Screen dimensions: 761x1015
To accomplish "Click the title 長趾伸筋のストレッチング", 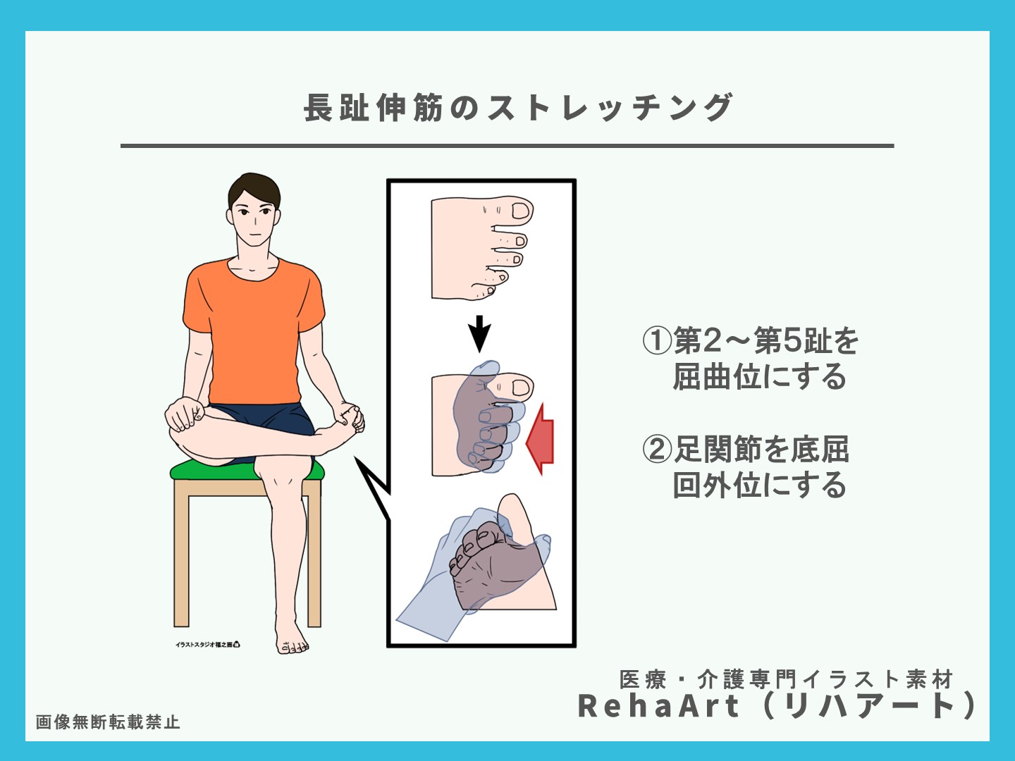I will click(518, 108).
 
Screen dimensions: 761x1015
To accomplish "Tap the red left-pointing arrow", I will click(541, 439).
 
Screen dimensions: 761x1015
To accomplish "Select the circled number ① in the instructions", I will click(657, 341).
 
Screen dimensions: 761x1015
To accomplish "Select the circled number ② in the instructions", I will click(657, 449).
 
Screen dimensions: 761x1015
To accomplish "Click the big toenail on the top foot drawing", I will click(522, 210).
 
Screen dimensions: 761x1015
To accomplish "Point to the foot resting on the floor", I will click(290, 638).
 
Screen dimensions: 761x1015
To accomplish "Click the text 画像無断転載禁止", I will click(108, 722).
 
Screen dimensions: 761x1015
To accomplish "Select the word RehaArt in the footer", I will click(658, 706).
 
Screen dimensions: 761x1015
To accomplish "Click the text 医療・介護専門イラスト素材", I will click(786, 679).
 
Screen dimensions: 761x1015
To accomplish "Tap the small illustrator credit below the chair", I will click(208, 644).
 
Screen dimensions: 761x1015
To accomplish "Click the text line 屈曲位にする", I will click(759, 377).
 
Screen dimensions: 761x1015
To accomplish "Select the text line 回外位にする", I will click(759, 485).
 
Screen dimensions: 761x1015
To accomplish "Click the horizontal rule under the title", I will click(507, 146).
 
